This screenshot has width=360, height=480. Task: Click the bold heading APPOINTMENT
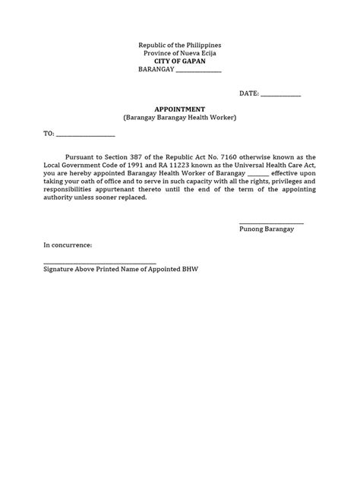[180, 109]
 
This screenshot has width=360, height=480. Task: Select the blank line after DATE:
[280, 94]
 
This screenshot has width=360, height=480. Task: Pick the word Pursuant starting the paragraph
[86, 152]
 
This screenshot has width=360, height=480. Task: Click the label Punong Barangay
[267, 229]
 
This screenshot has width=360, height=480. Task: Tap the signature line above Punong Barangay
[271, 222]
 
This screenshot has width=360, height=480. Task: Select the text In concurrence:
[68, 245]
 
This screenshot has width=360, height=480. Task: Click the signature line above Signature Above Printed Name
[99, 261]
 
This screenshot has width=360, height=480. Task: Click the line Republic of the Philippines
[180, 45]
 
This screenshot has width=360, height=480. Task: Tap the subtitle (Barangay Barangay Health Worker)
[180, 118]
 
